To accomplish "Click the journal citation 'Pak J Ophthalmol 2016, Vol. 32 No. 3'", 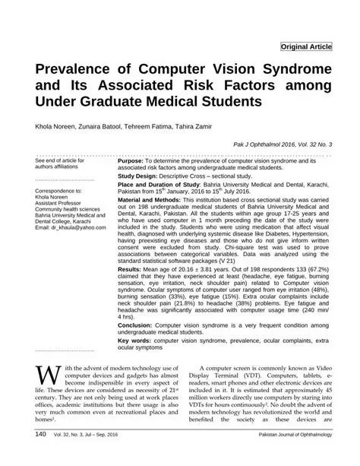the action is coord(279,144).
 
